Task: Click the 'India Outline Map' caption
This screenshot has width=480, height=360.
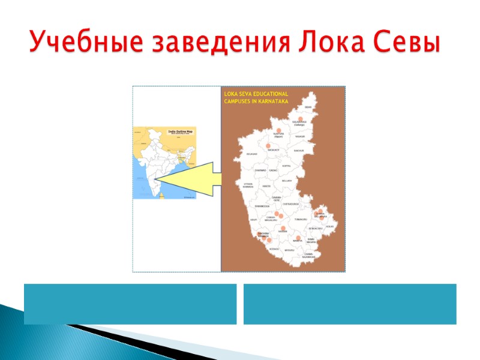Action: (179, 130)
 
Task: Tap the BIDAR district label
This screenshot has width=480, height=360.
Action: (308, 107)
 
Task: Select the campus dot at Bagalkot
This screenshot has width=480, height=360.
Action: (268, 146)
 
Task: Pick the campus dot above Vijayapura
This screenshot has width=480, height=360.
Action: (278, 130)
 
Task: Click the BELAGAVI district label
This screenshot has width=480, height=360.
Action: (252, 154)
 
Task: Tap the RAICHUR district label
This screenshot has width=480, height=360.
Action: (299, 150)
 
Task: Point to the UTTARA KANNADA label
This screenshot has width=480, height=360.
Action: (248, 186)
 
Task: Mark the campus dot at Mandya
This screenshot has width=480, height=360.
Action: (298, 238)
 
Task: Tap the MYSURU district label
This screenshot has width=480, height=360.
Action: (289, 250)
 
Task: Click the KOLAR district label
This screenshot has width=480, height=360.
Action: (329, 226)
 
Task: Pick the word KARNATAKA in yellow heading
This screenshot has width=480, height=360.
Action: (268, 101)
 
